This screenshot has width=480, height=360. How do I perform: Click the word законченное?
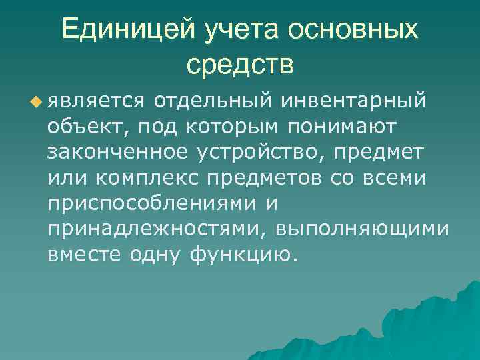pos(119,152)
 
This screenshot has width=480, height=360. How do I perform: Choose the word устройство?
pos(263,152)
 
